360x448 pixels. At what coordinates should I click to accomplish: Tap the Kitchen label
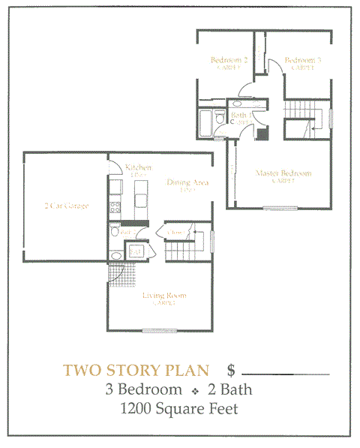click(139, 167)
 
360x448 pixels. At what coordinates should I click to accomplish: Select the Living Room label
click(164, 296)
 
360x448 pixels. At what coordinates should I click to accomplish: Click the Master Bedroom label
click(283, 173)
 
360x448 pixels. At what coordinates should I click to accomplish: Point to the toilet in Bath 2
click(114, 233)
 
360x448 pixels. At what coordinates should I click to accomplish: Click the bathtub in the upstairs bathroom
click(206, 122)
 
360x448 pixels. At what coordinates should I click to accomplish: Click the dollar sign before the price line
click(232, 371)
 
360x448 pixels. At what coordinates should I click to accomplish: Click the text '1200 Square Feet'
click(179, 409)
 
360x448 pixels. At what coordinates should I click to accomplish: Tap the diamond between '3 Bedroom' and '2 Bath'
click(193, 390)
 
